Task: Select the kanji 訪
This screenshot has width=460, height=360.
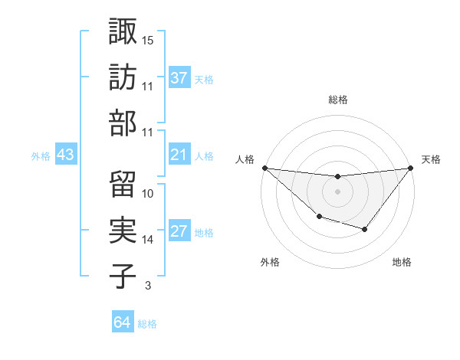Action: [x=123, y=77]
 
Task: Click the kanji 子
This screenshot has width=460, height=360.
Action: [x=123, y=277]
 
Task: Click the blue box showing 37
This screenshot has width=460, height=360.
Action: [x=179, y=78]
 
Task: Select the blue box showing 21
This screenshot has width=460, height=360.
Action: [x=179, y=155]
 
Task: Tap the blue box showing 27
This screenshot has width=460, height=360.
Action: [x=179, y=232]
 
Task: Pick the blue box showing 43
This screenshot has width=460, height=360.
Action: [x=65, y=155]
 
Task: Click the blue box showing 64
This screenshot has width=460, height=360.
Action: [x=122, y=322]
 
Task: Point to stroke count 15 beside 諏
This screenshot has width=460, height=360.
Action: [x=148, y=40]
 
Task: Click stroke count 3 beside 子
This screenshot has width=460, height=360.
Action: [x=148, y=286]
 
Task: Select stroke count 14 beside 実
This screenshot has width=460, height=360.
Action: [x=148, y=240]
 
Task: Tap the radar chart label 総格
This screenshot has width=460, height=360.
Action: [x=337, y=100]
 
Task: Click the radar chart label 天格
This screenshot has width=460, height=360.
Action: [x=432, y=159]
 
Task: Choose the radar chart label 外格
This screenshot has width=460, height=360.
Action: [x=270, y=262]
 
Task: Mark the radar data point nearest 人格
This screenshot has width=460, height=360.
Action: [x=264, y=168]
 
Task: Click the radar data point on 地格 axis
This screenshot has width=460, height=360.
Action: [x=365, y=229]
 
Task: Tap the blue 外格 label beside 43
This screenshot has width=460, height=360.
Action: [x=41, y=155]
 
